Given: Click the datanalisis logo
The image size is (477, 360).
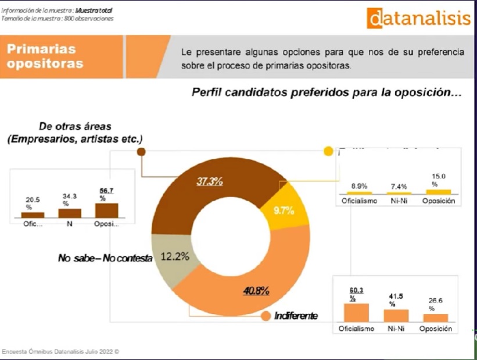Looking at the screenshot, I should [418, 18].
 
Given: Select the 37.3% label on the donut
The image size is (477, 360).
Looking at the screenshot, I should [210, 181].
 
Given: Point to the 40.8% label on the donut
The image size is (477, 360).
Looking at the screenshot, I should [256, 291].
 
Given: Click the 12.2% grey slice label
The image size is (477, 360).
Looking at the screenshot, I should [174, 256].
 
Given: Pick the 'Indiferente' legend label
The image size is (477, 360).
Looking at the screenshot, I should [296, 316].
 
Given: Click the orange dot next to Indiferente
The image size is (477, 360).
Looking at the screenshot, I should [266, 316].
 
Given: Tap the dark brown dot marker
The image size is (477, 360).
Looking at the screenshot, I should [141, 152].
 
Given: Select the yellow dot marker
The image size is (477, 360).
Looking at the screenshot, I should [328, 151].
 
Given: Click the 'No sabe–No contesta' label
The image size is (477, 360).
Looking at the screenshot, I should [105, 258].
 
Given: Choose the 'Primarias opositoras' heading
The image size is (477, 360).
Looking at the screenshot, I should [45, 56].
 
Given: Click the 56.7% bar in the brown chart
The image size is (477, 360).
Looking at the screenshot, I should [106, 210].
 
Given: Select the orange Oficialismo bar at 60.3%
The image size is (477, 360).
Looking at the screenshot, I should [356, 312].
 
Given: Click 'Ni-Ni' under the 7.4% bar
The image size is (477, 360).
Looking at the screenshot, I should [398, 201].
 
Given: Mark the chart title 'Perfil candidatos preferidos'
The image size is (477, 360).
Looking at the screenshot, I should [326, 92].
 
